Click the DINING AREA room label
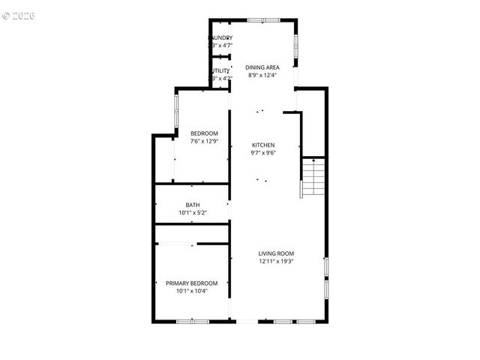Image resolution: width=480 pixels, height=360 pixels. [262, 67]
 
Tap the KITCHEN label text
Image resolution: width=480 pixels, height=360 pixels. [262, 145]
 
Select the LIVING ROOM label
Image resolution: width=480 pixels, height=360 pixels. [276, 253]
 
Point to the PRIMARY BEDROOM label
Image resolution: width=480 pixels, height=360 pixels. [191, 283]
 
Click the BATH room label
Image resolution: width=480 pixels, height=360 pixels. [193, 205]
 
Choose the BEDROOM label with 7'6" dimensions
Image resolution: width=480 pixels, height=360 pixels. [204, 133]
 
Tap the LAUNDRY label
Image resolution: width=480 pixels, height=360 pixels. [220, 37]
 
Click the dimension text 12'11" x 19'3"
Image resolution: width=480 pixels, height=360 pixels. [276, 262]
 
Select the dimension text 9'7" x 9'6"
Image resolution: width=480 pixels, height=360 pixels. [262, 153]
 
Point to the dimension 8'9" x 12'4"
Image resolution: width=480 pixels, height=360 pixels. [262, 75]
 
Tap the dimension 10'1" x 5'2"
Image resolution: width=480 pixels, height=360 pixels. [193, 213]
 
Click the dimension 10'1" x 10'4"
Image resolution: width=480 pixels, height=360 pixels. [191, 291]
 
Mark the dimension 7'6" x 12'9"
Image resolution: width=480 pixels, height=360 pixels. [204, 141]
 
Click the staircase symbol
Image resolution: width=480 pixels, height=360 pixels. [314, 178]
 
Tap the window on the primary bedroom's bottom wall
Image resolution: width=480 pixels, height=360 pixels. [191, 321]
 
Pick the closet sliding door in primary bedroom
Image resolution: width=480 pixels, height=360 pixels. [177, 244]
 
